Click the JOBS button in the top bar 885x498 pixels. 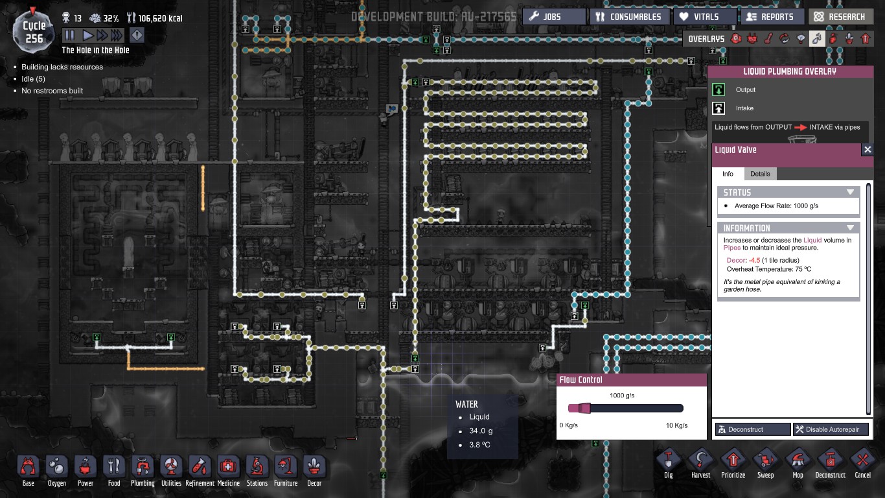555,17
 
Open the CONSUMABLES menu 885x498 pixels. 629,17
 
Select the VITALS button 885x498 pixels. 706,17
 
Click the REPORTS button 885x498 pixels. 772,17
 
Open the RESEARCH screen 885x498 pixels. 841,17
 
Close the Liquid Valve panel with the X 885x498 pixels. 868,150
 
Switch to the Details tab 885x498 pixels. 760,174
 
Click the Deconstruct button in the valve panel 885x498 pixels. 753,429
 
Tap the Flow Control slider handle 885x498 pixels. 585,408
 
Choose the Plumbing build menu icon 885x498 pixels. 143,471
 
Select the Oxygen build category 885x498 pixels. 57,471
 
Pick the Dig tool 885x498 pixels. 668,464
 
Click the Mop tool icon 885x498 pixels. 798,464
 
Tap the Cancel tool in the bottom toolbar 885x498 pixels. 862,464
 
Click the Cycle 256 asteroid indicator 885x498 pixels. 33,32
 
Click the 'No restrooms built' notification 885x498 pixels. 52,91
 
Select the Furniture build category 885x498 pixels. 286,471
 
